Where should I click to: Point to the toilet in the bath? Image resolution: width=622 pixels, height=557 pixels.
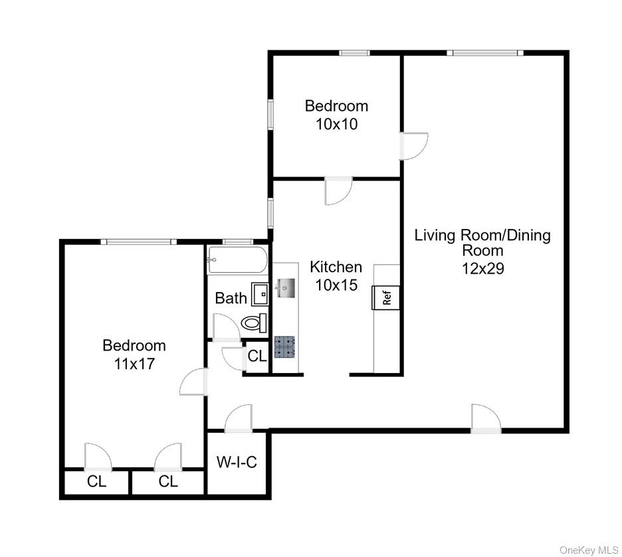tap(254, 323)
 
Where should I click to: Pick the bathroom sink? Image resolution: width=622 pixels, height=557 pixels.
tap(259, 293)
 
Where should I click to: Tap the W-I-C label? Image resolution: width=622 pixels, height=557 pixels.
tap(237, 463)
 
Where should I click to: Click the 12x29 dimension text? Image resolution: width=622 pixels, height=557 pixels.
tap(482, 268)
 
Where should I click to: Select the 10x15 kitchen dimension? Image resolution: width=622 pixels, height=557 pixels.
tap(336, 285)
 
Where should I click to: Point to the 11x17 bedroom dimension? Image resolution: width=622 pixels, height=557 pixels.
tap(134, 363)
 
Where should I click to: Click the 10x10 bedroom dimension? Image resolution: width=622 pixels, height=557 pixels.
tap(336, 123)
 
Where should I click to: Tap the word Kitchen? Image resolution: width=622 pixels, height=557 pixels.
tap(336, 267)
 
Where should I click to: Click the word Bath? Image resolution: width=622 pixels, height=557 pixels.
tap(231, 298)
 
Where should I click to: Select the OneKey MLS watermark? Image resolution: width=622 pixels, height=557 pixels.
tap(588, 550)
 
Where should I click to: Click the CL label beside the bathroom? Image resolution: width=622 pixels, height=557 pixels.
tap(257, 356)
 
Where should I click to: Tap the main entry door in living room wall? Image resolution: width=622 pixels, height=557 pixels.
tap(486, 418)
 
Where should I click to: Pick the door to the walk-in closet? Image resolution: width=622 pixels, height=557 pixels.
tap(239, 420)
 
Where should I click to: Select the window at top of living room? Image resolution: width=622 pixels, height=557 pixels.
tap(484, 52)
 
